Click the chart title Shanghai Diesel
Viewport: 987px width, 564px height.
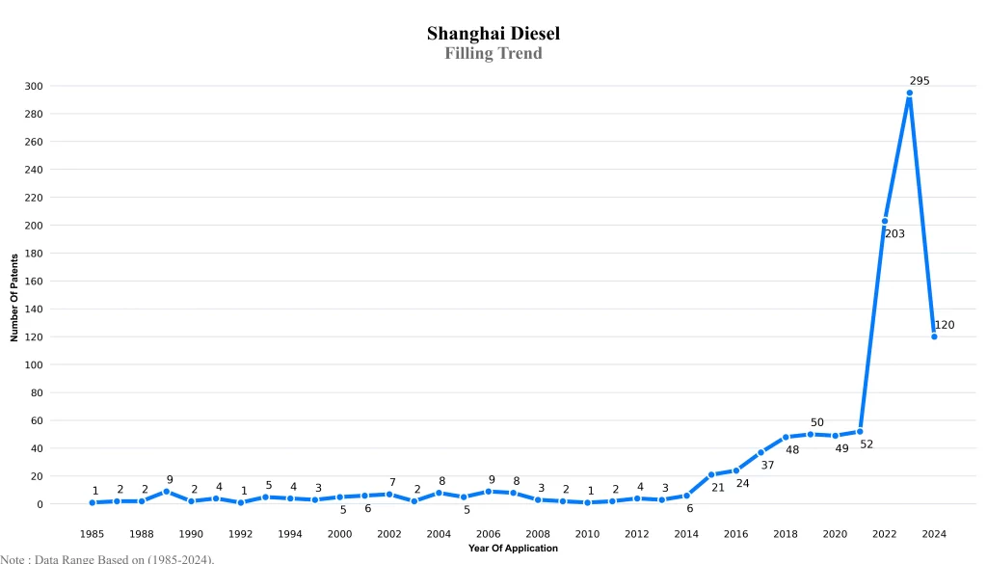(x=493, y=34)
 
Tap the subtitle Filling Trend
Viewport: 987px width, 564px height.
(x=493, y=53)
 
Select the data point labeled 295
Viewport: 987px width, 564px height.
(x=909, y=94)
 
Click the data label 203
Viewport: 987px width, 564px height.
(x=894, y=233)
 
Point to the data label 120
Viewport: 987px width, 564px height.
(x=945, y=325)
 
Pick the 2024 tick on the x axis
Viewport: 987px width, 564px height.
(x=934, y=533)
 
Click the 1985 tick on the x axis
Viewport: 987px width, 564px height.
(x=93, y=533)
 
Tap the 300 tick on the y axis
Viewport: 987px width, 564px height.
(x=34, y=86)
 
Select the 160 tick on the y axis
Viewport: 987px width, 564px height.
(x=34, y=282)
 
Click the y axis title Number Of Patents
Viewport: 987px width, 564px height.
(x=14, y=298)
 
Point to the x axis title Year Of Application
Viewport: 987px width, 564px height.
(x=513, y=549)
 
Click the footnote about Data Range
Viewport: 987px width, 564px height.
(x=107, y=558)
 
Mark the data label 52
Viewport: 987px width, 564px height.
(x=867, y=443)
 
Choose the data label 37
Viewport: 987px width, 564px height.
(x=767, y=465)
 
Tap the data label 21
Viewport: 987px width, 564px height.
(x=717, y=487)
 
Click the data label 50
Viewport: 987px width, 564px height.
(x=817, y=422)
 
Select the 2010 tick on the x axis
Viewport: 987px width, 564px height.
(x=587, y=533)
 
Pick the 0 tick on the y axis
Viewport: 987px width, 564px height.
(x=40, y=504)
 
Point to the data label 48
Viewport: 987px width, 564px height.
(x=792, y=449)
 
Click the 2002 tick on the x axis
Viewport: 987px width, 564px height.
(x=389, y=533)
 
